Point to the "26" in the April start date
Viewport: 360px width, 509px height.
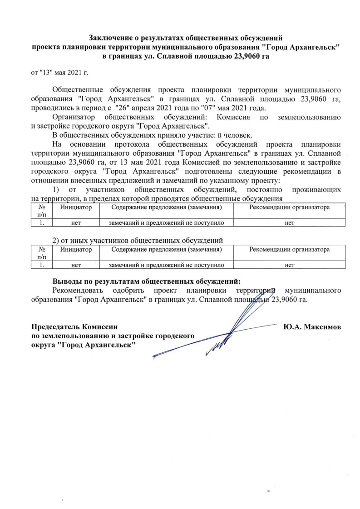[x=121, y=107]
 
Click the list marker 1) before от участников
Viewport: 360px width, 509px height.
[x=56, y=189]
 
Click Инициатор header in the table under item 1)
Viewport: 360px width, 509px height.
[x=76, y=208]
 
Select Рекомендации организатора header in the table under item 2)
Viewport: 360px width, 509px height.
[x=289, y=249]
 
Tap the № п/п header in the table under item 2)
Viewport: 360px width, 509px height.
[x=41, y=253]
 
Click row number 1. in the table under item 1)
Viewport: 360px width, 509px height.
[x=41, y=222]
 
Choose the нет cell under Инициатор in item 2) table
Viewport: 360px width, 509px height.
[x=76, y=265]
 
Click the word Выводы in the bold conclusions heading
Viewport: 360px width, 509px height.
[x=68, y=281]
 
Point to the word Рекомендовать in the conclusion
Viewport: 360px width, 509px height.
[x=77, y=290]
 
